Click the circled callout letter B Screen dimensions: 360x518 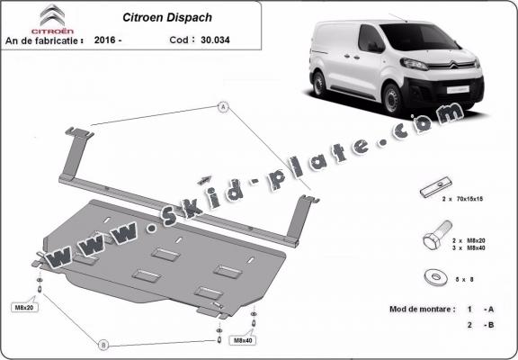[x=103, y=344]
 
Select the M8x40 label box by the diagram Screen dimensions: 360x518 [x=243, y=341]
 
